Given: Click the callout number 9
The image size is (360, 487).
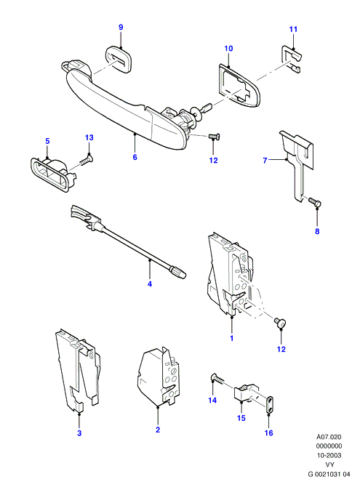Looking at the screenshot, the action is point(121,27).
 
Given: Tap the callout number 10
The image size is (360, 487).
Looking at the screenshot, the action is point(228,49).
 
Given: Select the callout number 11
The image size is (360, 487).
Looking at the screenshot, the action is point(293,29).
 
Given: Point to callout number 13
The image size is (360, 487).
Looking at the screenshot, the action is point(89,137).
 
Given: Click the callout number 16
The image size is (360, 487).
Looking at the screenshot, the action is point(268,432).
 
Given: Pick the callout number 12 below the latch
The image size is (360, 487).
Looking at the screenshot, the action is point(281,349).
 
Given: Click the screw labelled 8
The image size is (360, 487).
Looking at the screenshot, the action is point(315,203).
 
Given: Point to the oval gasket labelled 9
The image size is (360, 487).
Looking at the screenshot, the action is point(118,59).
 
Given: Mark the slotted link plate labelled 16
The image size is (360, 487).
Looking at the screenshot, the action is point(269,405).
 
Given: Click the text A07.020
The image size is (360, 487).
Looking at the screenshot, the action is point(329,437).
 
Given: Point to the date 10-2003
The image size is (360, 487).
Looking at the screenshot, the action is point(329,456).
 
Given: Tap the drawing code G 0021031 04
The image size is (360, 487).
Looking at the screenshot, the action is point(329,474).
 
